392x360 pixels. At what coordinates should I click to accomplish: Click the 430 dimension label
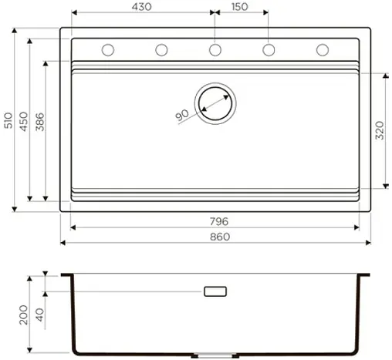pos(141,7)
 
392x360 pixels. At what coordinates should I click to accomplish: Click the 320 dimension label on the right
pos(379,130)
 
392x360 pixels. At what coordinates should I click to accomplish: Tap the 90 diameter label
pos(183,115)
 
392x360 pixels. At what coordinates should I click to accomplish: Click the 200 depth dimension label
pos(23,315)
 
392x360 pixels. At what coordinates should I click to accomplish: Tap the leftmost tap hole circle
pos(108,50)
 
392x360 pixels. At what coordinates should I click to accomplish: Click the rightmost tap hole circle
pos(323,50)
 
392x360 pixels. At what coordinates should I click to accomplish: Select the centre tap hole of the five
pos(215,50)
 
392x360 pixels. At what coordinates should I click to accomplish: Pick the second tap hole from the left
pos(161,50)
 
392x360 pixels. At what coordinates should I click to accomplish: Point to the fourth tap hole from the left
pos(269,50)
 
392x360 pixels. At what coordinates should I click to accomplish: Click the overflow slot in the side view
pos(215,291)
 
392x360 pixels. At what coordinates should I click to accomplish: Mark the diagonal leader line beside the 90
pos(190,122)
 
